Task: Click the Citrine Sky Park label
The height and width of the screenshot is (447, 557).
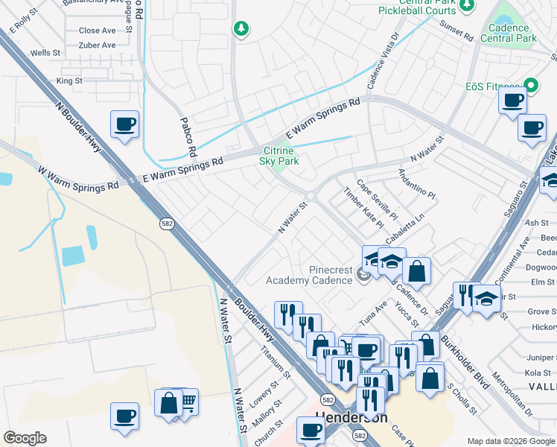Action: [279, 155]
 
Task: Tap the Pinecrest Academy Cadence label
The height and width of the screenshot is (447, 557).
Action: [309, 275]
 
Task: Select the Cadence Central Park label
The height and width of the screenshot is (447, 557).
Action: [509, 33]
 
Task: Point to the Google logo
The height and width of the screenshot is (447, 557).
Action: [25, 438]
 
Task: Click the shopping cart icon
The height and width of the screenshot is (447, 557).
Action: [187, 402]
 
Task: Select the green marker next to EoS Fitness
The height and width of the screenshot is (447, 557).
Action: [531, 86]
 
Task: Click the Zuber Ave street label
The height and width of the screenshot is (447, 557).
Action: [97, 45]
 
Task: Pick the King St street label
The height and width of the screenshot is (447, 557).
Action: [69, 80]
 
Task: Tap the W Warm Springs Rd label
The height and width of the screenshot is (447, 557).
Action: [78, 179]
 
